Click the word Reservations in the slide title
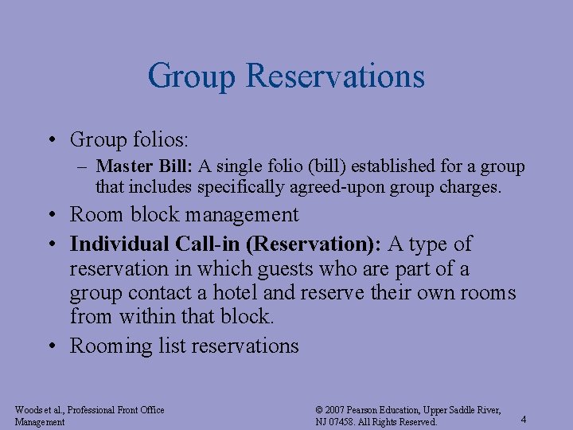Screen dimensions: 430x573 [335, 76]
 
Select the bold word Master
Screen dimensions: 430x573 [119, 166]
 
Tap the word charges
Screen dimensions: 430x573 [470, 188]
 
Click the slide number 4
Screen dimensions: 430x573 [523, 419]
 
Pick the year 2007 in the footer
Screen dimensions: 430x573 [337, 410]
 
